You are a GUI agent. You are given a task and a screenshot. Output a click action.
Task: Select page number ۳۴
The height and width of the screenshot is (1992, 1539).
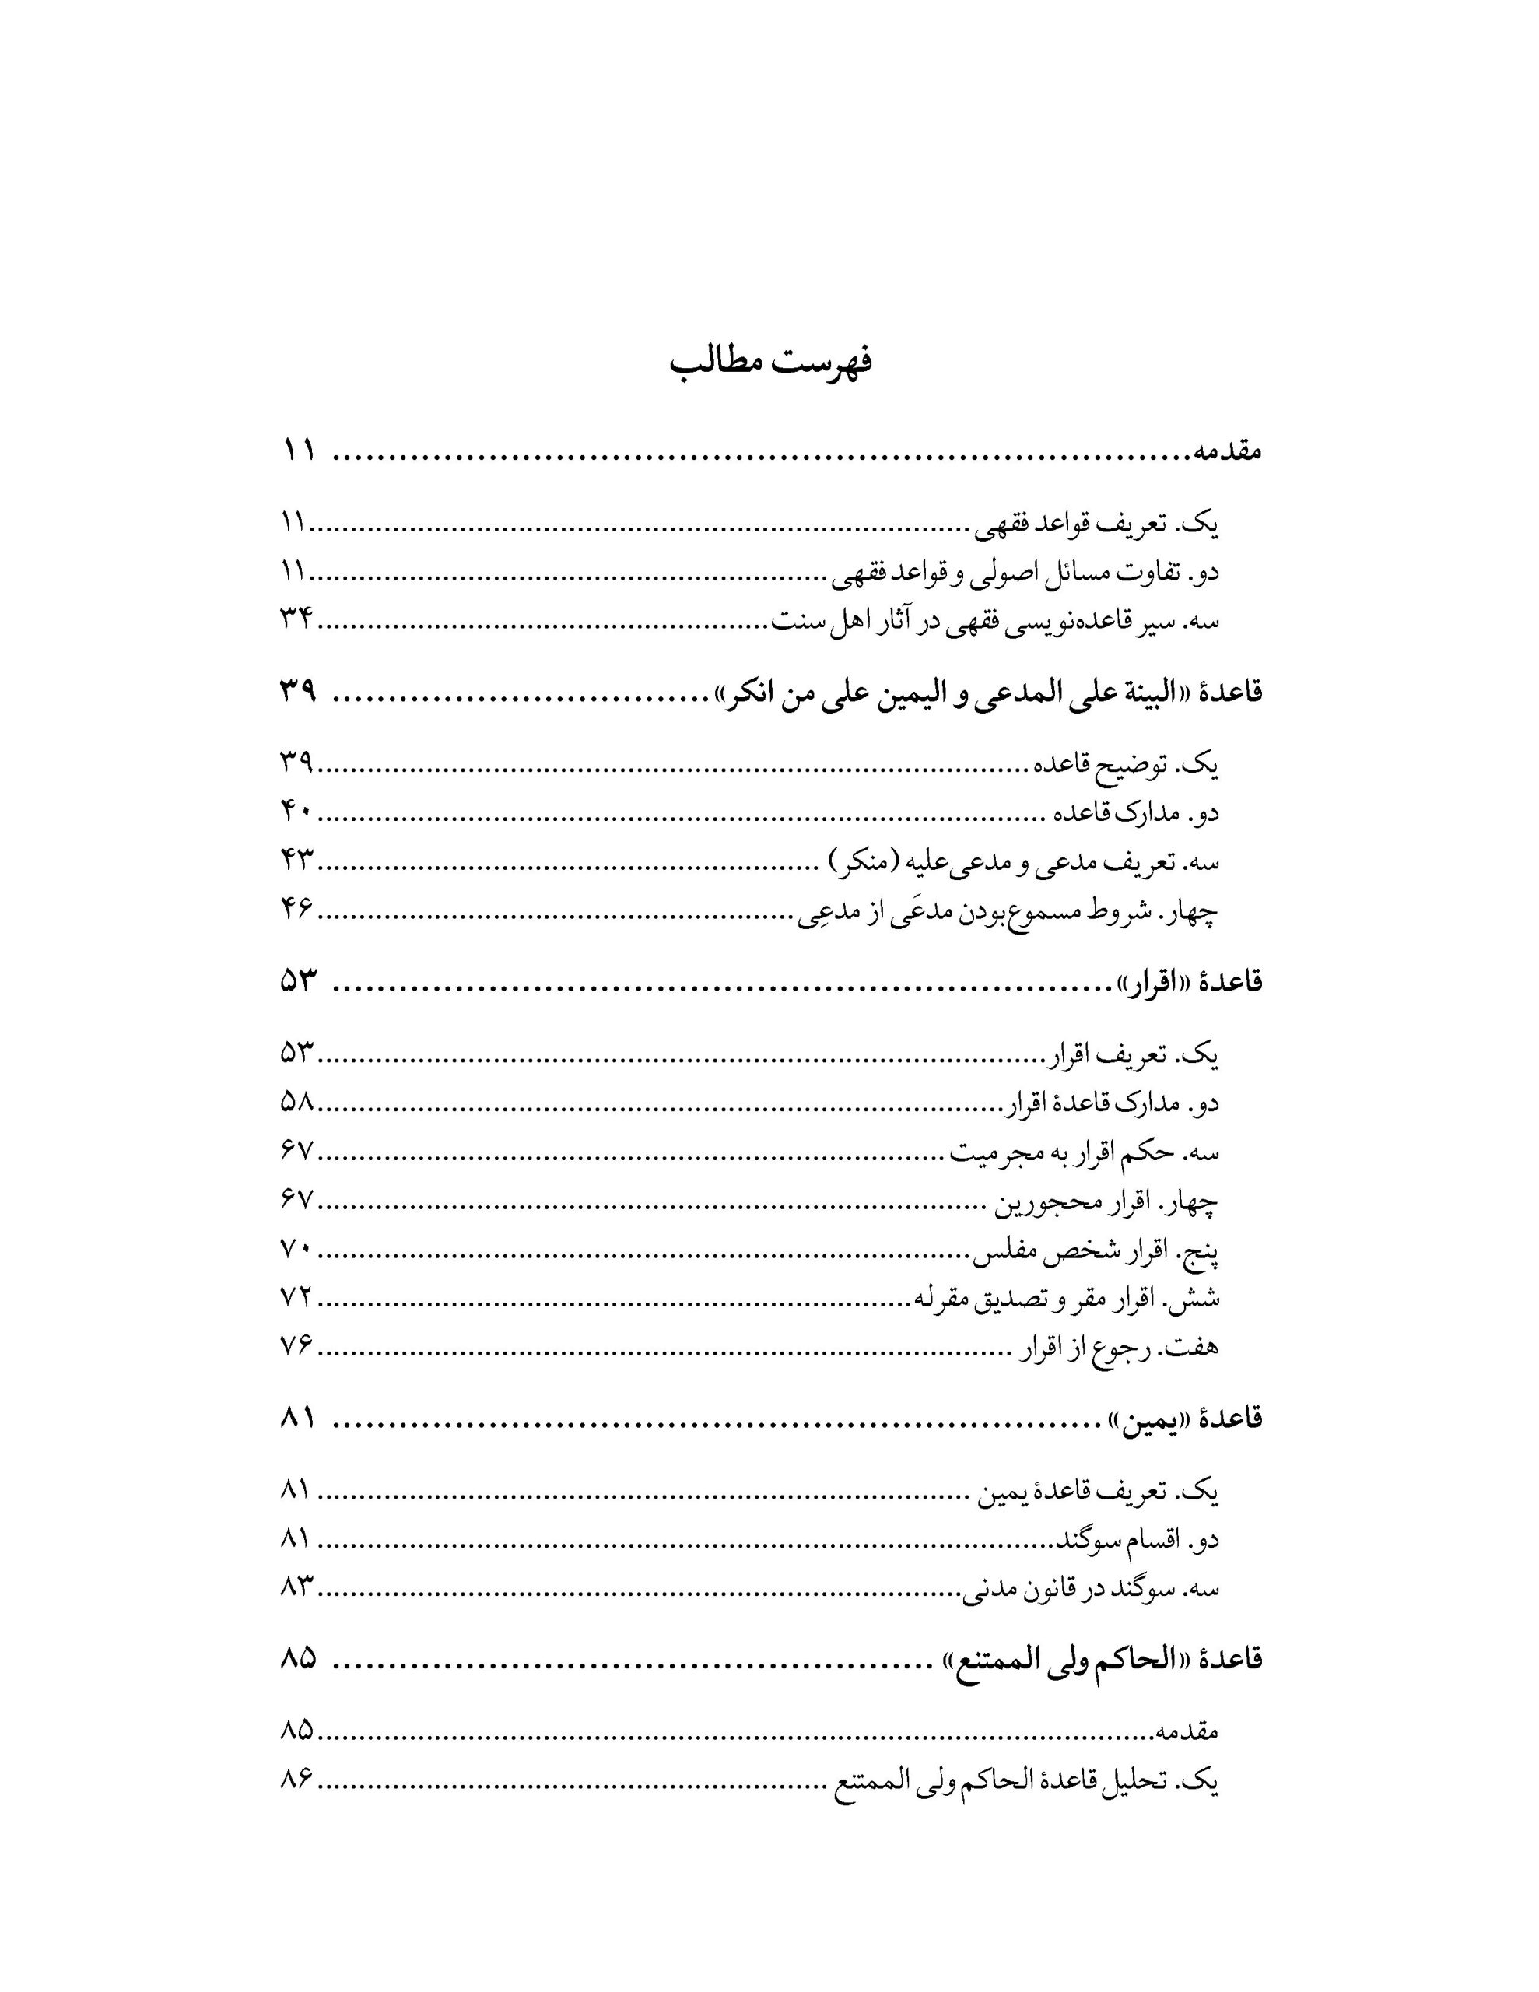click(296, 621)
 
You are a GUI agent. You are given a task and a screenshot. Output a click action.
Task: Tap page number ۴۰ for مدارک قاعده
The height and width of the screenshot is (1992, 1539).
click(296, 812)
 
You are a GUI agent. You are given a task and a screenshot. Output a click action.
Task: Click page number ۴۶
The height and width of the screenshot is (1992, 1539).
click(296, 910)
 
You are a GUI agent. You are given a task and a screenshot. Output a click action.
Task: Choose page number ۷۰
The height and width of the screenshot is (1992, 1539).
click(296, 1252)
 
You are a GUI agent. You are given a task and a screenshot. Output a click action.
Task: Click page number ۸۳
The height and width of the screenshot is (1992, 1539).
click(296, 1589)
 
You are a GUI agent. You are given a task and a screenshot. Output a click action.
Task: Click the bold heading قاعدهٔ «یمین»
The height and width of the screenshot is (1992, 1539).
click(1184, 1419)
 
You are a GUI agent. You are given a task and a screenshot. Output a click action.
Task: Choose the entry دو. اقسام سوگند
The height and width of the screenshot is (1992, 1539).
click(1138, 1541)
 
